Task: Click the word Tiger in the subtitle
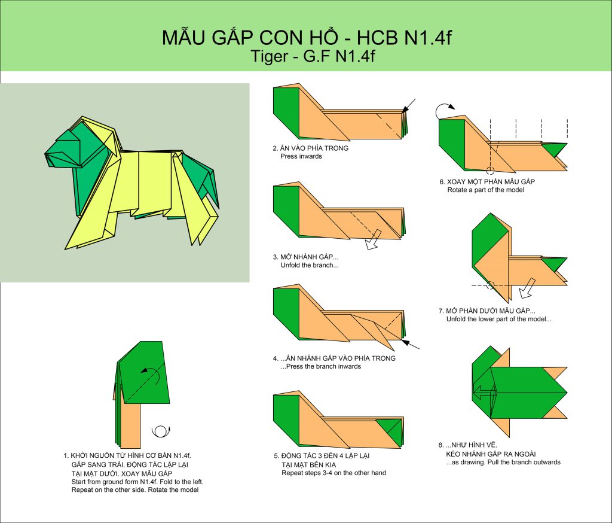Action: point(269,56)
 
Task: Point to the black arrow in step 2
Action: point(409,106)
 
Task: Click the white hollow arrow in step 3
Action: point(374,239)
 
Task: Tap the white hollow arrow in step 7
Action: point(527,288)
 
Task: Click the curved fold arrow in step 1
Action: point(152,373)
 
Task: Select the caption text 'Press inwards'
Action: point(301,156)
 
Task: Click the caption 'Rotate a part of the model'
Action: point(485,190)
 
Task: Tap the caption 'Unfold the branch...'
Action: point(310,265)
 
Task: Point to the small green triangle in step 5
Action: point(390,431)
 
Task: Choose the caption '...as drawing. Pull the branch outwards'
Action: point(503,462)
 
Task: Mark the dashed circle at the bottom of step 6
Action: point(491,171)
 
